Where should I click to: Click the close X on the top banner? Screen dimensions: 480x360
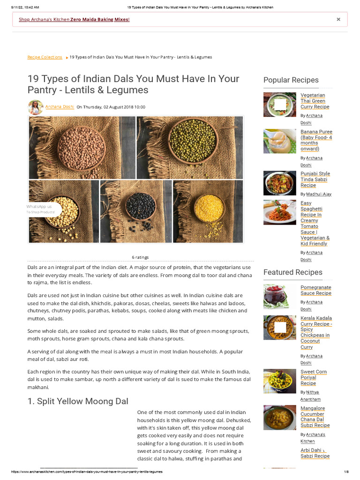[338, 19]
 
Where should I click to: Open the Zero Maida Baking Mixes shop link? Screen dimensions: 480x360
[74, 20]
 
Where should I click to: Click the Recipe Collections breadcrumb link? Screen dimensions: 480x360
[45, 57]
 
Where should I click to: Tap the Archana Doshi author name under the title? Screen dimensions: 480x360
[60, 107]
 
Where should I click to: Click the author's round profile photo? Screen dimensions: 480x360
[36, 107]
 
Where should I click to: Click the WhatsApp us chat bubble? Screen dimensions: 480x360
[41, 209]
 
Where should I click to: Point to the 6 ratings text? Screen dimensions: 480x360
[140, 257]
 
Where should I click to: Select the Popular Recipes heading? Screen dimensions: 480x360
[291, 80]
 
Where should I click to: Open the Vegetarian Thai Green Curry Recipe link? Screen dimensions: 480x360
[315, 101]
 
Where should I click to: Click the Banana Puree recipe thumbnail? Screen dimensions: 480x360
[280, 141]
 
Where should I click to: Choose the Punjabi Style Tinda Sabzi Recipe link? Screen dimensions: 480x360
[315, 180]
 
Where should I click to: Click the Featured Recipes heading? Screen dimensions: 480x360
[292, 272]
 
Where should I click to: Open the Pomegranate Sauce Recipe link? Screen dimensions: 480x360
[315, 290]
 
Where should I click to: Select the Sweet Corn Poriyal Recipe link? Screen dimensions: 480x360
[313, 377]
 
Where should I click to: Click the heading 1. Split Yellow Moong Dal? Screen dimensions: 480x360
[78, 401]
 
